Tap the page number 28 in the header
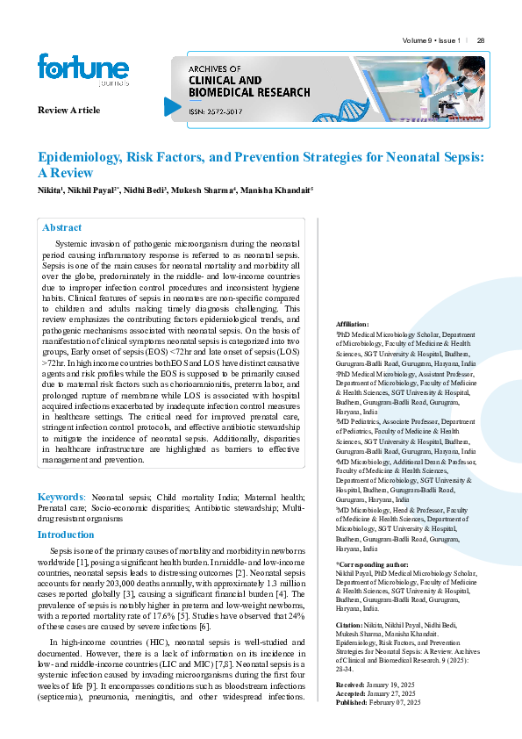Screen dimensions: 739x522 click(x=481, y=40)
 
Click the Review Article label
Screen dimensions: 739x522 click(x=68, y=110)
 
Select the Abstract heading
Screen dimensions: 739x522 click(x=62, y=227)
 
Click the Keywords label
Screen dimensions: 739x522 click(x=60, y=496)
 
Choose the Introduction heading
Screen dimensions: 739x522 click(x=66, y=534)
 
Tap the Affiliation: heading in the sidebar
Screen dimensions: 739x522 click(x=353, y=324)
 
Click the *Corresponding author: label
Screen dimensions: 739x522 click(x=372, y=563)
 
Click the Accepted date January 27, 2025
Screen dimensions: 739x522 click(x=397, y=693)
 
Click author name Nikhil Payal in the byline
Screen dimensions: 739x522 click(x=91, y=190)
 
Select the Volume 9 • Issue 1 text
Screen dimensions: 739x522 click(x=431, y=40)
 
